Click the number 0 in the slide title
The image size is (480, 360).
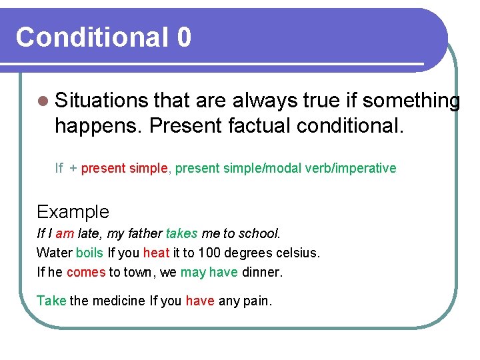(x=184, y=37)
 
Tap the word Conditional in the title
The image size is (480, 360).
(x=92, y=37)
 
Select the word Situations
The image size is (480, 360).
(x=101, y=101)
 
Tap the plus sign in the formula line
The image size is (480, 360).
(x=73, y=169)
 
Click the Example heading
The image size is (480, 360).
(x=73, y=212)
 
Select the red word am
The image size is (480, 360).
(x=65, y=234)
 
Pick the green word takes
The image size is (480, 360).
(x=181, y=234)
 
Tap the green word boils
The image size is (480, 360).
(x=89, y=253)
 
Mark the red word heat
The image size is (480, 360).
(x=156, y=253)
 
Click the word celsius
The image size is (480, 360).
(x=297, y=253)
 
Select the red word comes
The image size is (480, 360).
(x=86, y=273)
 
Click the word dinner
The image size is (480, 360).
(x=262, y=273)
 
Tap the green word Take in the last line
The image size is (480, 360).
(x=51, y=301)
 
